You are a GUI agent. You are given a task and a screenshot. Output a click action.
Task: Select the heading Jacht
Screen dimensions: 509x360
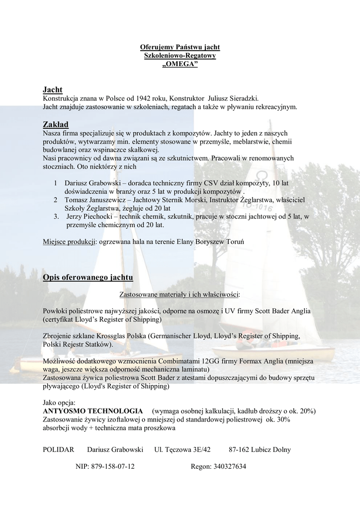click(x=52, y=90)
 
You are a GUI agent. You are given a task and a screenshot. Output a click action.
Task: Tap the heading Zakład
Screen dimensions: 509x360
click(x=56, y=124)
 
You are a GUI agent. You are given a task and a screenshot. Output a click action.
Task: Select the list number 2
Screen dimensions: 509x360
click(x=55, y=200)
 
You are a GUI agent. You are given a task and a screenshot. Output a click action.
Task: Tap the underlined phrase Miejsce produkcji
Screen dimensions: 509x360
click(x=69, y=242)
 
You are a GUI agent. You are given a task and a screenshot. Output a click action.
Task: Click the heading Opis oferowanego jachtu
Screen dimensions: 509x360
click(x=88, y=277)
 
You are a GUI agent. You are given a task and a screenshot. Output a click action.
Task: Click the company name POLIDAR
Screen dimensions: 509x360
click(x=59, y=450)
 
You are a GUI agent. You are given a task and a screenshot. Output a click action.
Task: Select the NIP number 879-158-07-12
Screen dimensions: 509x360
click(x=113, y=467)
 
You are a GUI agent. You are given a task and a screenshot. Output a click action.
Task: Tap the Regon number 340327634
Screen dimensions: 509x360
click(x=226, y=467)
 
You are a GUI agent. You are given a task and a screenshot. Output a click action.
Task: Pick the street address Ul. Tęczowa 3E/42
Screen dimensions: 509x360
click(x=182, y=450)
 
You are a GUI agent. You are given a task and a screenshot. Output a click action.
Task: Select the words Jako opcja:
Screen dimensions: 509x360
click(x=59, y=403)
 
